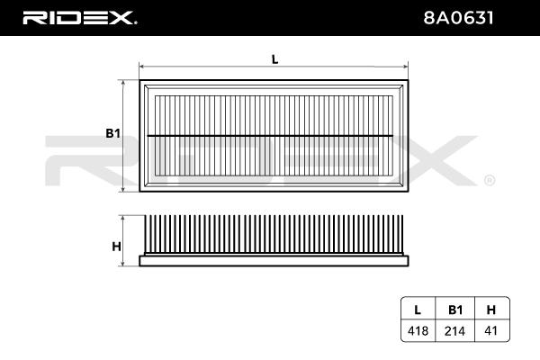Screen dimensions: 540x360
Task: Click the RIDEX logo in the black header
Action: (x=79, y=18)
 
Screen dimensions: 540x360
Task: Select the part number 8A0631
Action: (x=458, y=18)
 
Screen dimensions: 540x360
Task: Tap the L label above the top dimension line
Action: (x=274, y=59)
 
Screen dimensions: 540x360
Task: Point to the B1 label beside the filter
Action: (x=113, y=133)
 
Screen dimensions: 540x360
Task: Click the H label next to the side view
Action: (x=116, y=247)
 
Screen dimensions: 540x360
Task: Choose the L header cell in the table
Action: (x=418, y=310)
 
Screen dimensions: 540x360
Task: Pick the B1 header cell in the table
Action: (x=455, y=310)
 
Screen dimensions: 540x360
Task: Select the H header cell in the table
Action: (x=491, y=310)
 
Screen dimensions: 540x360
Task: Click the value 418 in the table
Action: (x=418, y=331)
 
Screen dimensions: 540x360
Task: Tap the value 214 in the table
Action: (x=454, y=331)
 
